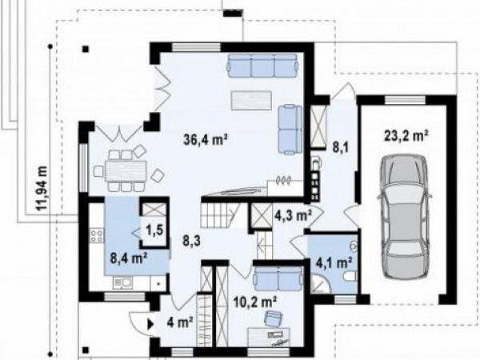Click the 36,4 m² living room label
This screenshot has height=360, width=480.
click(x=206, y=139)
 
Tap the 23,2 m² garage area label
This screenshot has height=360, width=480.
click(x=406, y=135)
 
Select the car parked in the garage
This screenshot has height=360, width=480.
click(x=404, y=217)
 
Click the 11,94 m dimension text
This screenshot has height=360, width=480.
click(x=42, y=188)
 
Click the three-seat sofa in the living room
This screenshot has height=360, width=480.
click(x=262, y=66)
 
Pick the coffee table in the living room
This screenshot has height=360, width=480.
click(x=252, y=100)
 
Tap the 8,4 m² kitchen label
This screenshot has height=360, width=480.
click(x=129, y=258)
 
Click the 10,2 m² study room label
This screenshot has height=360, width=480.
click(x=255, y=303)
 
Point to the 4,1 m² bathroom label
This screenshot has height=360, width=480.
click(x=334, y=262)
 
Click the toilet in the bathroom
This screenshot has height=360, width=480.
click(x=350, y=276)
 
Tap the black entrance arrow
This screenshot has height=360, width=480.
click(x=150, y=324)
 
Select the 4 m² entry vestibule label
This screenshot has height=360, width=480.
click(x=180, y=322)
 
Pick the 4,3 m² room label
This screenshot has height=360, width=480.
click(x=293, y=215)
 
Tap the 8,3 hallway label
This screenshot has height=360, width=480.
click(x=192, y=241)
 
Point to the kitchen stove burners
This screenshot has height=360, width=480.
click(x=97, y=235)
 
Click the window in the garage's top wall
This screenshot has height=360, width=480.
click(x=405, y=100)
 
